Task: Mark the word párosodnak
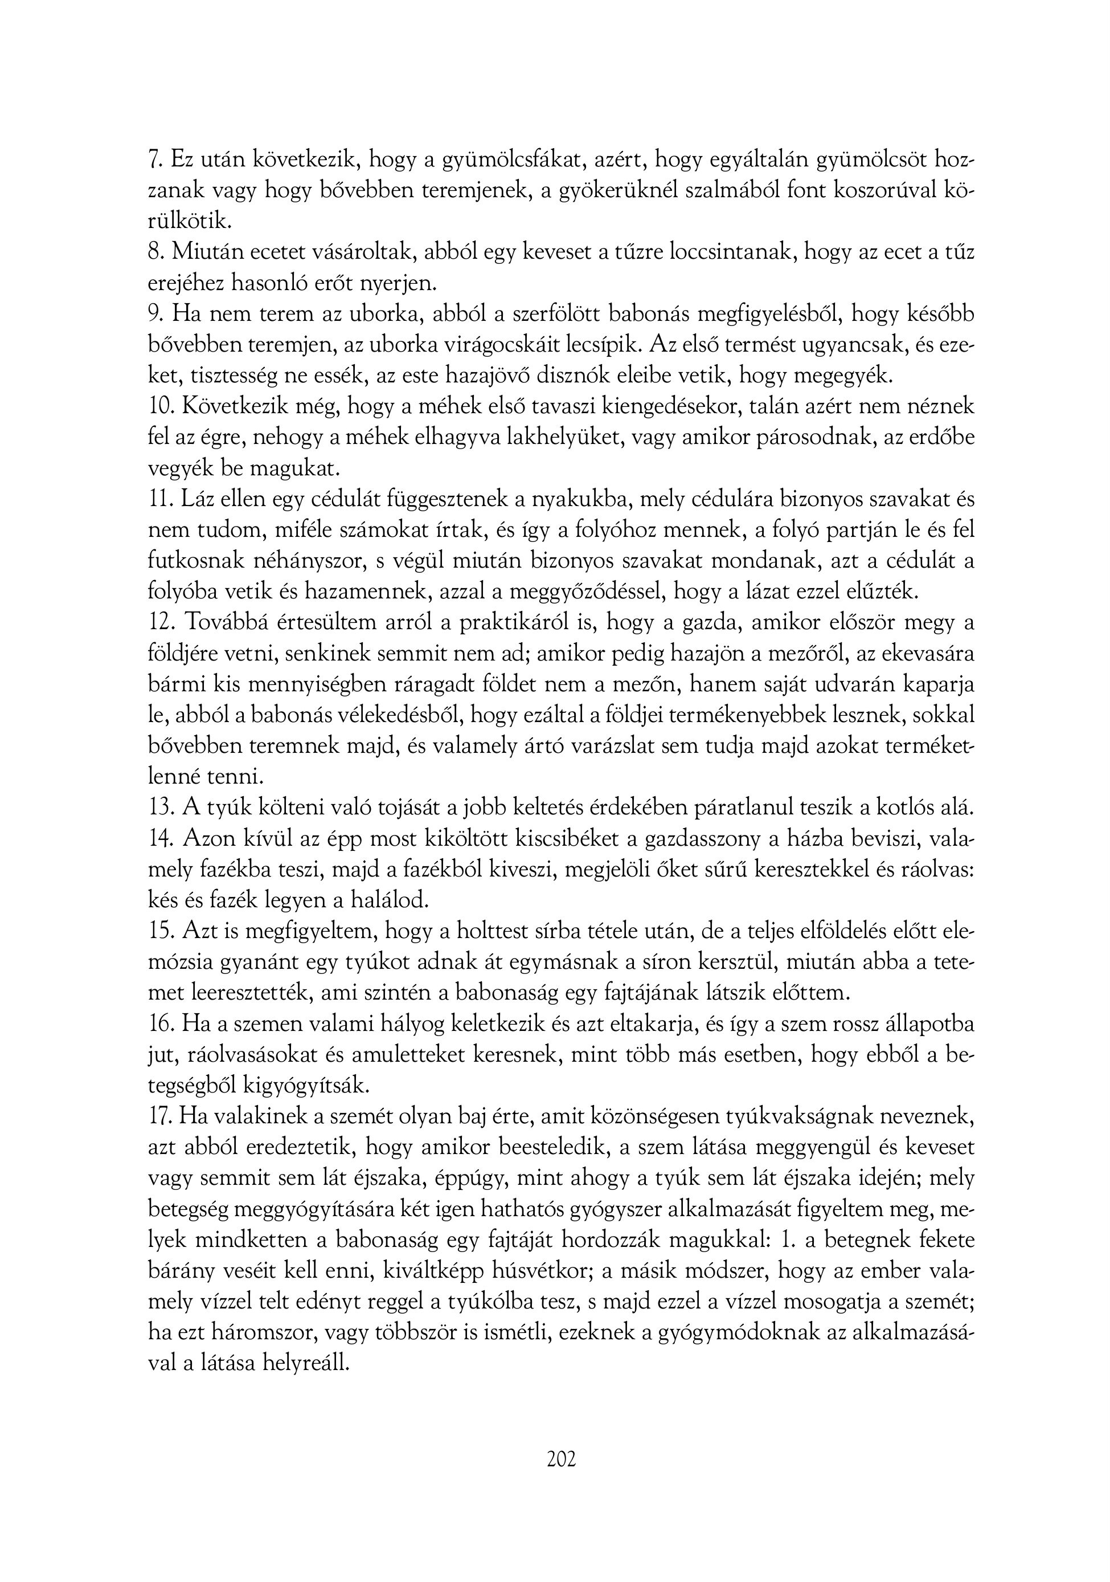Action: click(816, 438)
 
